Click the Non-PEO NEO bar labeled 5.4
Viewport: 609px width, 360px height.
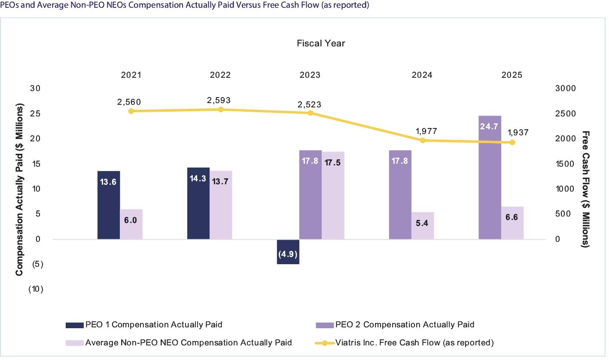click(423, 226)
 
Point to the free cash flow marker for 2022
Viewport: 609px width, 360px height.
click(221, 110)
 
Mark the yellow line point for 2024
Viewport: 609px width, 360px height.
click(423, 140)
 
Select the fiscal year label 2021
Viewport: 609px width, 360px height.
click(131, 75)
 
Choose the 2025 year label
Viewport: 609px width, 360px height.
click(512, 75)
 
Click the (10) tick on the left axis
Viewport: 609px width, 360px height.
click(36, 290)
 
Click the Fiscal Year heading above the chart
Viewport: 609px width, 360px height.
click(321, 43)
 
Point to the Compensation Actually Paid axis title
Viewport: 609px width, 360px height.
click(19, 189)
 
